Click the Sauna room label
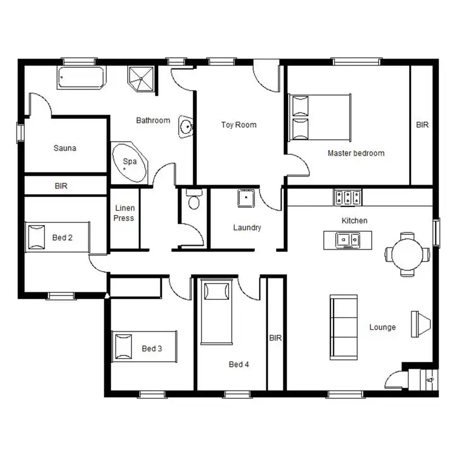click(x=65, y=148)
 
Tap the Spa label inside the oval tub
click(x=130, y=162)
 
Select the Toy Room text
click(x=239, y=125)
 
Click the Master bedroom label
click(x=356, y=153)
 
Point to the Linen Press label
click(x=124, y=213)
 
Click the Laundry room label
click(x=247, y=228)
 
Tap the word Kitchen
click(x=354, y=221)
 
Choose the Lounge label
click(x=383, y=327)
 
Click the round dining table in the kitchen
click(x=406, y=254)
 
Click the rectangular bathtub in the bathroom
click(x=81, y=77)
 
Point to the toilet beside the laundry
click(x=194, y=200)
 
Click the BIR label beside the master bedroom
click(x=422, y=125)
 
